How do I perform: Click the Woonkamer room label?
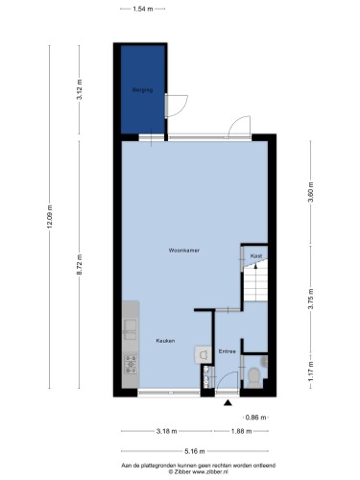(x=184, y=251)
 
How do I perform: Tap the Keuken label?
(x=165, y=341)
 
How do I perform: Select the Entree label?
(x=228, y=351)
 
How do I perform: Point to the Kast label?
(x=256, y=256)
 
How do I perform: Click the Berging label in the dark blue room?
(x=142, y=90)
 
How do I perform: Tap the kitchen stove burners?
(x=131, y=365)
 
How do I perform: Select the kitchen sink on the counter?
(x=131, y=329)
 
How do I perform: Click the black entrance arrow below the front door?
(x=228, y=403)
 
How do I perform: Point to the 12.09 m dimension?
(x=50, y=217)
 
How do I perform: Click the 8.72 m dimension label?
(x=80, y=264)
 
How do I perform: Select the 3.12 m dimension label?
(x=80, y=89)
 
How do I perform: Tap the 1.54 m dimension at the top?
(x=143, y=9)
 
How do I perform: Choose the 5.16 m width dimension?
(x=195, y=451)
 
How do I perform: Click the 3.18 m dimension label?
(x=166, y=431)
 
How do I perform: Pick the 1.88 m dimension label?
(x=241, y=431)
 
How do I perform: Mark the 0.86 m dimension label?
(x=255, y=418)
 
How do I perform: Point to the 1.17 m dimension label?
(x=310, y=372)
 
